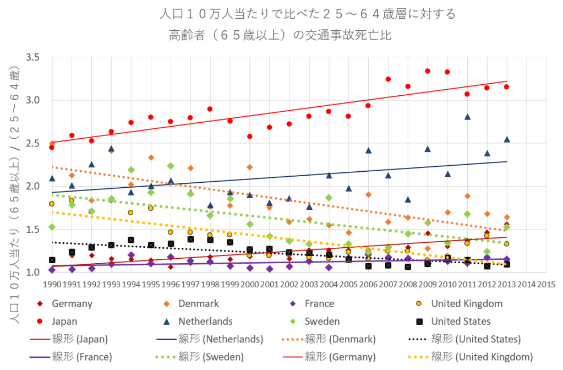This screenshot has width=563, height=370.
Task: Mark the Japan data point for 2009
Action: pos(428,71)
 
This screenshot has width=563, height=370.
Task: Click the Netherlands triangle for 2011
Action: pos(467,117)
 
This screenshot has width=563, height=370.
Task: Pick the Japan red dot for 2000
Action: pos(250,137)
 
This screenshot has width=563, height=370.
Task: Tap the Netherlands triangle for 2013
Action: pos(507,139)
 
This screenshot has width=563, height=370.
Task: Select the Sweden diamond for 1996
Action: pos(171,166)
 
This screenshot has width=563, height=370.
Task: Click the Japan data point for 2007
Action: pos(388,79)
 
